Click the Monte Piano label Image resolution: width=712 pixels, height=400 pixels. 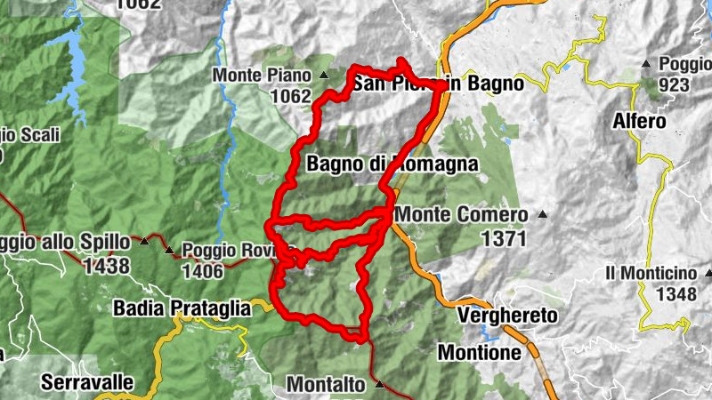coord(263,76)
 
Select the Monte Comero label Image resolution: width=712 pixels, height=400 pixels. coord(461,214)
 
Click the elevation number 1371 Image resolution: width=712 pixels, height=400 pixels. coord(504,238)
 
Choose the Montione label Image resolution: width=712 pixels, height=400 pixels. coord(479,353)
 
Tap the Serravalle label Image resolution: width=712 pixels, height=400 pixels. coord(86,382)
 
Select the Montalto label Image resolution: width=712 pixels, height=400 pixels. coord(326,385)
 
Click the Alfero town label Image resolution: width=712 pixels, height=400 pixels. coord(639,120)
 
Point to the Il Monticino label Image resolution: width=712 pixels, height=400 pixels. coord(651,272)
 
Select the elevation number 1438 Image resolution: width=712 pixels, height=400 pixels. coord(105,265)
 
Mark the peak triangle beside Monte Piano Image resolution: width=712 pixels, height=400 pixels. coord(323,76)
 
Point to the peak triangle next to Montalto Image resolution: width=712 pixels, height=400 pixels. coord(380,385)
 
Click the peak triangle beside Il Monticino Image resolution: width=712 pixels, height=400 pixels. coord(708,273)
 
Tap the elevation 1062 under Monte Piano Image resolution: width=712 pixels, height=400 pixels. coord(289,96)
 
